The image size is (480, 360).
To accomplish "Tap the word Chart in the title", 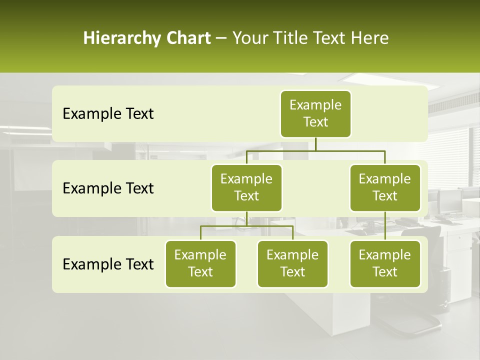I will tap(187, 38).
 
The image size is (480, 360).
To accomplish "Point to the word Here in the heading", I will tap(370, 38).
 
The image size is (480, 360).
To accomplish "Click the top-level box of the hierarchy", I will tap(315, 114).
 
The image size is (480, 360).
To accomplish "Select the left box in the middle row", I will tap(246, 188).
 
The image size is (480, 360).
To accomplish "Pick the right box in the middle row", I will tap(385, 188).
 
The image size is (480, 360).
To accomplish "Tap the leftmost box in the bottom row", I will tap(200, 264).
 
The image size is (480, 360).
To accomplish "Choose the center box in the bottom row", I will tap(292, 264).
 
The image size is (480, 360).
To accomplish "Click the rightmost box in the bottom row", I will tap(385, 264).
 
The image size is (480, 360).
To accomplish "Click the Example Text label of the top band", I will tap(108, 114).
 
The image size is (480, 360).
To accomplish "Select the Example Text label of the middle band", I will tap(108, 188).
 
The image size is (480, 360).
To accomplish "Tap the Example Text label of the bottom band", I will tap(108, 264).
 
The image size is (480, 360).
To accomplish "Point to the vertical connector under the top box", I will tap(315, 144).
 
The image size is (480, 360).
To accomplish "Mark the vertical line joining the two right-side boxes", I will tap(385, 226).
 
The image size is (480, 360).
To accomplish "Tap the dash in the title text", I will tap(221, 38).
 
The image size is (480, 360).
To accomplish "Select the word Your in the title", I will tap(250, 38).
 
